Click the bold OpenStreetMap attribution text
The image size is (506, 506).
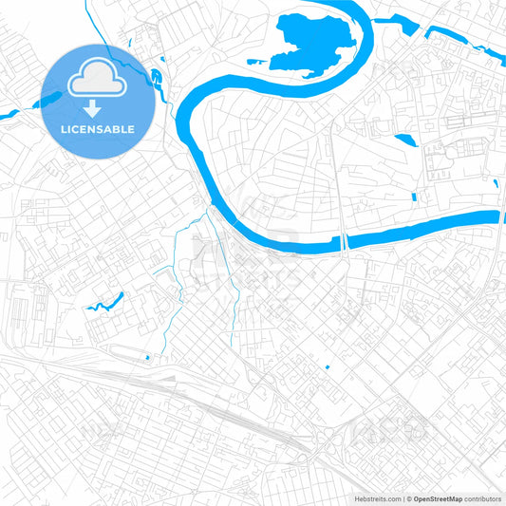tap(437, 497)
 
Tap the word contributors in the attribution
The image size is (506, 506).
tap(481, 497)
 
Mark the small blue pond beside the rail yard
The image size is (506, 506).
tap(148, 358)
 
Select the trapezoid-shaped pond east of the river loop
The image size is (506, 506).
tap(404, 141)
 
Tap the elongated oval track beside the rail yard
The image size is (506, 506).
tap(133, 353)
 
